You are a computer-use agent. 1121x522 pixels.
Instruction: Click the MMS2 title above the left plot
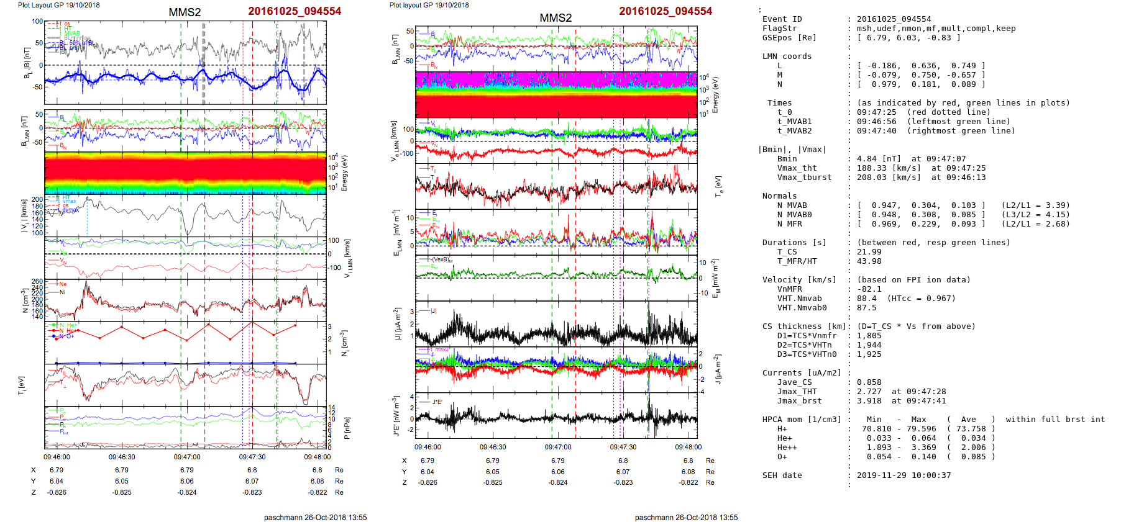click(185, 12)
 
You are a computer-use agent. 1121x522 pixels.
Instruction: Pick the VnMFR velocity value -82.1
click(869, 289)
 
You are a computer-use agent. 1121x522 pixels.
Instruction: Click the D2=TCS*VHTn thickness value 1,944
click(869, 345)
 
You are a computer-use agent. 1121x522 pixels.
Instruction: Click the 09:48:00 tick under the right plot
click(688, 447)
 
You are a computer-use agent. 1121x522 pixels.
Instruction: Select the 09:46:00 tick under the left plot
click(57, 457)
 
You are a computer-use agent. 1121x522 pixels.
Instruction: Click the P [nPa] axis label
click(345, 428)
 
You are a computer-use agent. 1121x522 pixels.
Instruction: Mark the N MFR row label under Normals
click(789, 224)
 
